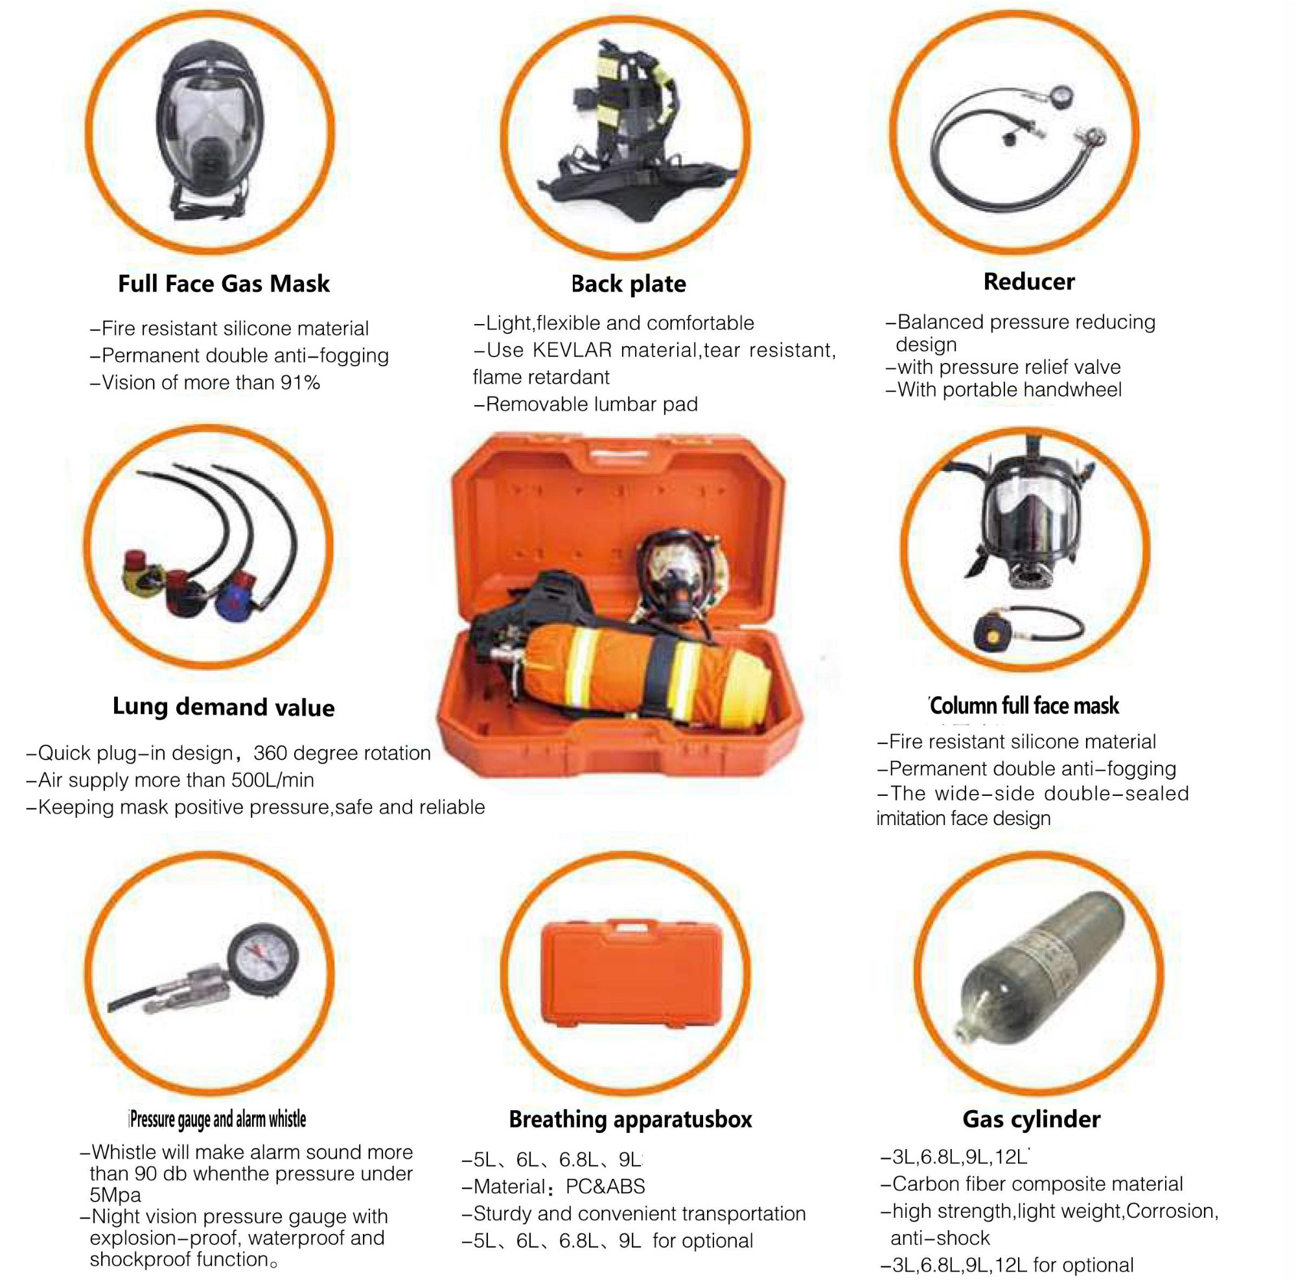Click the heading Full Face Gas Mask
point(224,284)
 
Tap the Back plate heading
point(629,284)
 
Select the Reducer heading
point(1028,282)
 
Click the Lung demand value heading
point(224,707)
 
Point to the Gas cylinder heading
point(1031,1119)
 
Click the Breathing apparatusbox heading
point(630,1119)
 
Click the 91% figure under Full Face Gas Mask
point(301,383)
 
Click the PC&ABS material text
point(605,1186)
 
